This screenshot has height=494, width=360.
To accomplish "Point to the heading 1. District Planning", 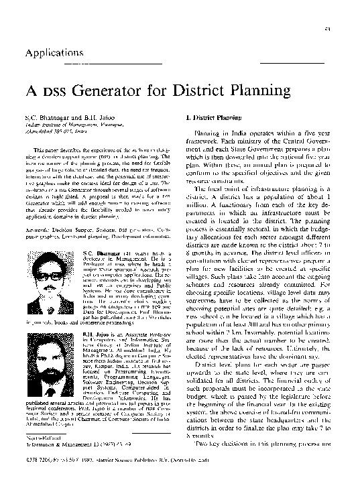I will point(212,118).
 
